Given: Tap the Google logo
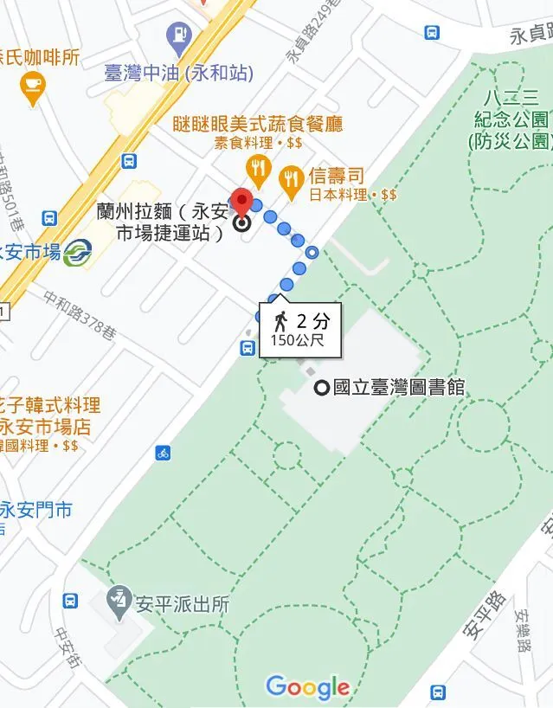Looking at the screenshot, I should tap(308, 687).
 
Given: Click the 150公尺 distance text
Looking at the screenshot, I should tap(298, 340).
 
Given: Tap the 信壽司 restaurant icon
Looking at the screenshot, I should tap(291, 177).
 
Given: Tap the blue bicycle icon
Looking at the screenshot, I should tap(163, 452).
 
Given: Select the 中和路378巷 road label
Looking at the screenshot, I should tap(80, 313).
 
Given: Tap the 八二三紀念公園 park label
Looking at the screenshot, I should tap(511, 118).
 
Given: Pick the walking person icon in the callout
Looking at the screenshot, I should tap(280, 321).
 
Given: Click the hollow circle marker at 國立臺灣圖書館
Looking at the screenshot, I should tap(322, 388).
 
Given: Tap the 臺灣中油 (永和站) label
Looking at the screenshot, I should tap(178, 73).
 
